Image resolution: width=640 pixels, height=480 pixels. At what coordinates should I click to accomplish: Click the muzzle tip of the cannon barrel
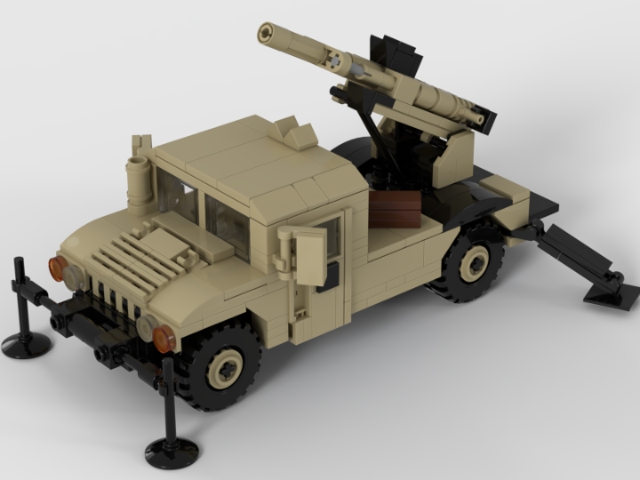coord(265,33)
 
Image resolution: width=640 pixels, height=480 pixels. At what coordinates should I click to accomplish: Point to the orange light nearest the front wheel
coord(164,338)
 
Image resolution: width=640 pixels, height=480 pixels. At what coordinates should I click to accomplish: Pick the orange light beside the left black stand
coord(57,268)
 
